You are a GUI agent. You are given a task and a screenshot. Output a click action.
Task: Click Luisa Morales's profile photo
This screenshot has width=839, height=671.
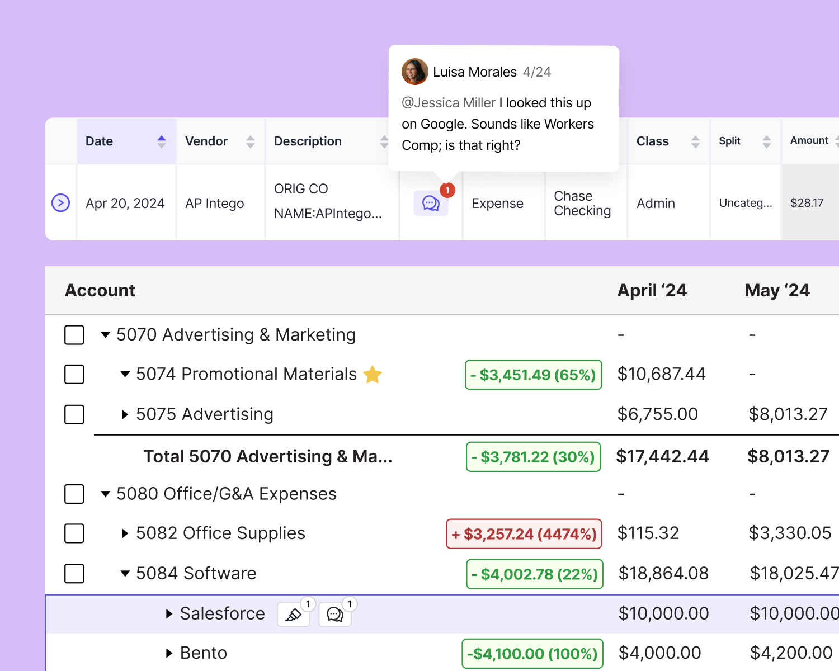click(x=414, y=72)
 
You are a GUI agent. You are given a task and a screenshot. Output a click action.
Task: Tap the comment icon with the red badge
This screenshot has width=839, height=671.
click(x=431, y=203)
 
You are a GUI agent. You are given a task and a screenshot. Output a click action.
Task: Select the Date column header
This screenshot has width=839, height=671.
click(x=100, y=141)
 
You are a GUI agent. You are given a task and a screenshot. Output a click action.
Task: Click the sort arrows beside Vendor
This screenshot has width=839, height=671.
click(x=250, y=141)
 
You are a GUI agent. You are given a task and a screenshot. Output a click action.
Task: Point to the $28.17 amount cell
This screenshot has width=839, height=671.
click(x=807, y=203)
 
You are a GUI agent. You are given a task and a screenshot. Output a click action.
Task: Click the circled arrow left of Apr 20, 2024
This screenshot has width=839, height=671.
click(x=60, y=202)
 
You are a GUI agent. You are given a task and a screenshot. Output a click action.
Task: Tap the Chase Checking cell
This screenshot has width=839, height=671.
click(x=582, y=204)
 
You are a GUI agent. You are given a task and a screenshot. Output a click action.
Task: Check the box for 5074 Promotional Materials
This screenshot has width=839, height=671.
click(x=74, y=374)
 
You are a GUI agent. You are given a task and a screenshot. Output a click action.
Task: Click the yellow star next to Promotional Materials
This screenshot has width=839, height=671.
click(x=373, y=374)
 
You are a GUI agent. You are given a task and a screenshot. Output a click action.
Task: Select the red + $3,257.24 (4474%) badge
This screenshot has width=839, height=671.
click(x=524, y=534)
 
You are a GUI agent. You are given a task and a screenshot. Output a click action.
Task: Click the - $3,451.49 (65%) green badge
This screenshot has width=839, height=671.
click(x=533, y=375)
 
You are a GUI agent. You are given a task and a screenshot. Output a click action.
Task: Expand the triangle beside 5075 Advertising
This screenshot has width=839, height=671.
click(x=125, y=414)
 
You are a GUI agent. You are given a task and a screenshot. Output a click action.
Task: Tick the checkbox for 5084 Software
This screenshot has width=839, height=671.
click(x=74, y=573)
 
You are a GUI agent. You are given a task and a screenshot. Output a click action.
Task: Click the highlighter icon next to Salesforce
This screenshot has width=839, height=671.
click(x=293, y=615)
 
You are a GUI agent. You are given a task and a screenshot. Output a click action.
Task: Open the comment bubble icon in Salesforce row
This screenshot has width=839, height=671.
click(x=334, y=615)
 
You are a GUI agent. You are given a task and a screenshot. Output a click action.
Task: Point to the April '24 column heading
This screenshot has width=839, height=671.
click(x=652, y=291)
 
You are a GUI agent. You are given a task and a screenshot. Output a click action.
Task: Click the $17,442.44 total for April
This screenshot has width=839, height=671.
click(x=662, y=457)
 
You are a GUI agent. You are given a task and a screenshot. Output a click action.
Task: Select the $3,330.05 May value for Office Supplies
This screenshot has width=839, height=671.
click(x=790, y=533)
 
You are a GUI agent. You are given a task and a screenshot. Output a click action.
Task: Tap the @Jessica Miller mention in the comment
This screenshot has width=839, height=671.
click(x=449, y=103)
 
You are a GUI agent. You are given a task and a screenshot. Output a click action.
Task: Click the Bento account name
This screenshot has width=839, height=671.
click(x=204, y=653)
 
